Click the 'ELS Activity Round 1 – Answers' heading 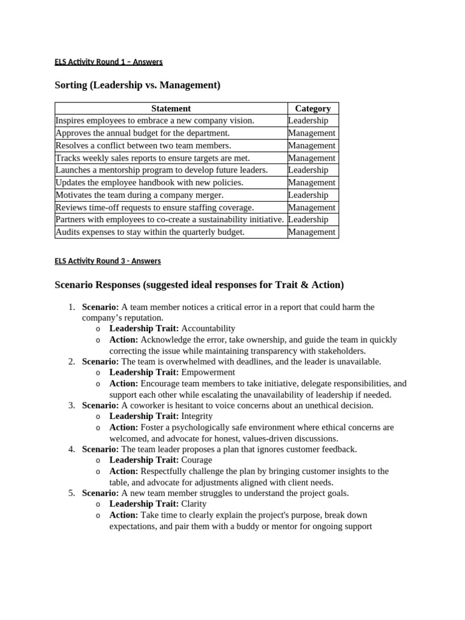tap(108, 62)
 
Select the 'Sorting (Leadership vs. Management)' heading tap(137, 85)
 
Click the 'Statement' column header tap(171, 108)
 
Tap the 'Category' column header tap(312, 108)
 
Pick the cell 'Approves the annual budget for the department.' tap(143, 133)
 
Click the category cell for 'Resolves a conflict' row tap(311, 145)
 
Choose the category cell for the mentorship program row tap(308, 170)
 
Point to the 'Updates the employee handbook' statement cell tap(150, 182)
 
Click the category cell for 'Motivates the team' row tap(308, 195)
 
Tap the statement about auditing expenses tap(150, 232)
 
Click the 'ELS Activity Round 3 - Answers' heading tap(108, 261)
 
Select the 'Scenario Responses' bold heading tap(200, 285)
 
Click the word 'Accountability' tap(208, 328)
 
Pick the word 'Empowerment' tap(208, 372)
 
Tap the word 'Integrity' tap(197, 416)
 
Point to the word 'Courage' tap(197, 460)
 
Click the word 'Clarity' tap(194, 504)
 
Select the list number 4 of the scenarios tap(71, 449)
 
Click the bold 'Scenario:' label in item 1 tap(101, 307)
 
